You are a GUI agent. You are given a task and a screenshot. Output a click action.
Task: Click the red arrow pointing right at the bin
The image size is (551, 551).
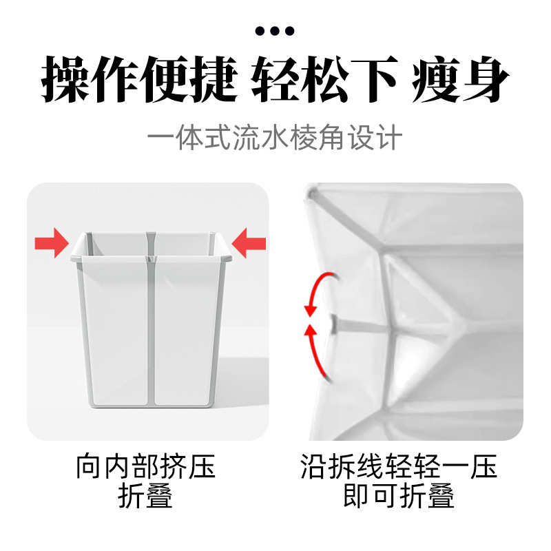[52, 243]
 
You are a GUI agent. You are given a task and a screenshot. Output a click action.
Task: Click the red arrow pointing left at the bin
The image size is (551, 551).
[249, 243]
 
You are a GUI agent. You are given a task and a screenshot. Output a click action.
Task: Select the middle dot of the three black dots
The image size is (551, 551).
[275, 30]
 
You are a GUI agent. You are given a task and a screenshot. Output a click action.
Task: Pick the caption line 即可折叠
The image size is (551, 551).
[399, 497]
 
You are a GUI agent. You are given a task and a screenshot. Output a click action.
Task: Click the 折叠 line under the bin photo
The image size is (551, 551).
[146, 497]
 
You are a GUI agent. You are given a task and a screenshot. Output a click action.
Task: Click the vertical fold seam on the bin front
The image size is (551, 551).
[151, 331]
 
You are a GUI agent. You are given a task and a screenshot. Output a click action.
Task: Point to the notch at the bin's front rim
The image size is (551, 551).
[151, 259]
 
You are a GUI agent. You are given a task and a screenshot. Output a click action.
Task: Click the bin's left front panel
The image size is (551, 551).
[116, 331]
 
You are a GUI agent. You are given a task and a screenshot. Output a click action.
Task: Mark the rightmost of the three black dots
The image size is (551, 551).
[290, 30]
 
